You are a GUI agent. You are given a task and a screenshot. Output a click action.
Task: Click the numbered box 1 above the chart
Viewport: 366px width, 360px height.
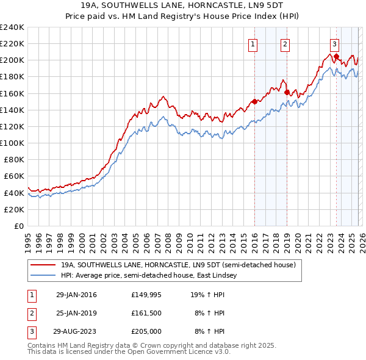click(x=253, y=44)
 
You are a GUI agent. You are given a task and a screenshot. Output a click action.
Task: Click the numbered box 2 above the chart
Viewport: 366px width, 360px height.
click(x=285, y=44)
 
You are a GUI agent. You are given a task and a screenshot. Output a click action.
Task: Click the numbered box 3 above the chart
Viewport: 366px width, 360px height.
click(x=335, y=44)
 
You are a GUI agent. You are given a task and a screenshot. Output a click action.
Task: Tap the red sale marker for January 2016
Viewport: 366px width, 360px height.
click(x=254, y=102)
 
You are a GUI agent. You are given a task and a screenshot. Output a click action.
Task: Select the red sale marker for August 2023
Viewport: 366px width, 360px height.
click(x=336, y=56)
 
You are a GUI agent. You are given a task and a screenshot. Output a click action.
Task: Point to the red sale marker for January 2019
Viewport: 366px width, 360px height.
click(x=287, y=92)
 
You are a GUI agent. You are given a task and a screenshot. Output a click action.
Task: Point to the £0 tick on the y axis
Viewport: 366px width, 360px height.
click(x=19, y=226)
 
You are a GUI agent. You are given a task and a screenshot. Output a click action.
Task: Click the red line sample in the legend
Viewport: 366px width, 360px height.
click(x=43, y=265)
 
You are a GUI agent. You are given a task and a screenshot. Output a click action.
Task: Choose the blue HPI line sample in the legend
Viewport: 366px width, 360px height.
click(x=43, y=276)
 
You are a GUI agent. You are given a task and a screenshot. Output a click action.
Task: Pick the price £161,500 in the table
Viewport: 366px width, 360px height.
click(x=146, y=313)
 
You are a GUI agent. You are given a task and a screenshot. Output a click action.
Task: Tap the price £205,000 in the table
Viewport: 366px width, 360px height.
click(x=146, y=331)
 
